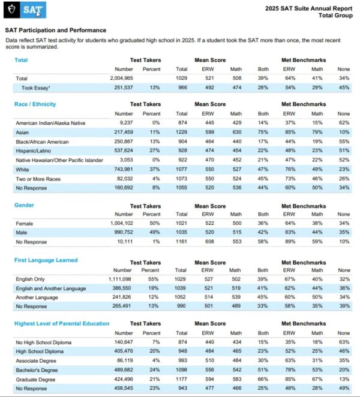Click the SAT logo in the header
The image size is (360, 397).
(25, 10)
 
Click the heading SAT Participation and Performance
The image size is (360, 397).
(56, 31)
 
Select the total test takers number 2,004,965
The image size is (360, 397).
(121, 78)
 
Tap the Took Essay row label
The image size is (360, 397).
(36, 88)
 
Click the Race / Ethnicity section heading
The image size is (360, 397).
(35, 104)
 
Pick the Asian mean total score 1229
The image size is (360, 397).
(181, 132)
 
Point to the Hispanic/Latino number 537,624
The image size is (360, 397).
(124, 151)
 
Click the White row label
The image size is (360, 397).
(22, 169)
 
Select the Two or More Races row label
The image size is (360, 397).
(38, 179)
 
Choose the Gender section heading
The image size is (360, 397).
(24, 205)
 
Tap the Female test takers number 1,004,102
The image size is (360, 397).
(122, 223)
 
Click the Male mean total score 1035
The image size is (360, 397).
(181, 232)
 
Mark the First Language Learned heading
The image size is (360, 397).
(46, 260)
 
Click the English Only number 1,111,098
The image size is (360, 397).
(120, 279)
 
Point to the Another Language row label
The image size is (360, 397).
(37, 297)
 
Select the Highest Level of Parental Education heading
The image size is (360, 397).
(62, 323)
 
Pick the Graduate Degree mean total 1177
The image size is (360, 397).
(181, 379)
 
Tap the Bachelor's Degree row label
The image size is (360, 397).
(37, 370)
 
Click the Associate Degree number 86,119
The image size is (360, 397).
(125, 360)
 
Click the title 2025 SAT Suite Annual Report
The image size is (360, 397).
(308, 8)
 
